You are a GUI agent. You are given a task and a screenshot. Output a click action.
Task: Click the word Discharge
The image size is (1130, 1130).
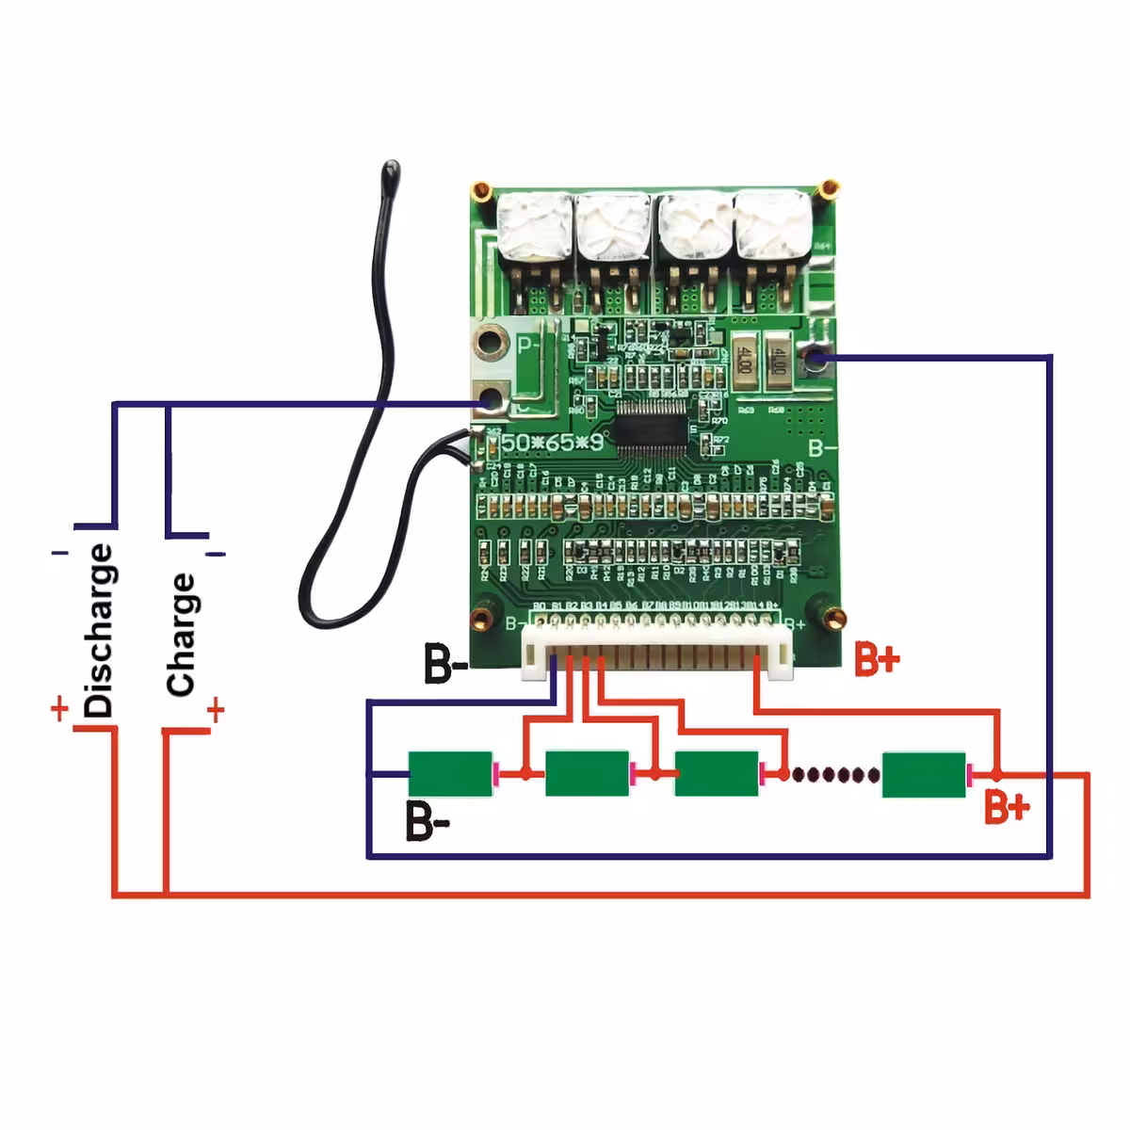coord(99,630)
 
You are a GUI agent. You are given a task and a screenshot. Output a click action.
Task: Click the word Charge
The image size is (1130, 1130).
coord(181,635)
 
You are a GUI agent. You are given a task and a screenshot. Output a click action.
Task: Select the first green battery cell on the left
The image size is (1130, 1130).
coord(450,774)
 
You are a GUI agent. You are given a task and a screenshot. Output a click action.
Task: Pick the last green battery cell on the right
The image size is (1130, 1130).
coord(924,774)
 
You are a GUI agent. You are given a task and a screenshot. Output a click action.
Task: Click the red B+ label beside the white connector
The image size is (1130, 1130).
coord(877,659)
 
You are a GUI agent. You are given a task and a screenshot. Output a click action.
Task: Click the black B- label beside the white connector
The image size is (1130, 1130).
coord(445,664)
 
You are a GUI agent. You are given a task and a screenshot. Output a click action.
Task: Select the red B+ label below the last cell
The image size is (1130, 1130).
coord(1007,807)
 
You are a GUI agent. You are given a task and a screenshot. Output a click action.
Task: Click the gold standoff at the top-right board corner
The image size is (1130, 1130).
coord(829,190)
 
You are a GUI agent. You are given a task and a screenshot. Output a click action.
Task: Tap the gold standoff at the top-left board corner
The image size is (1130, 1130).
coord(481,192)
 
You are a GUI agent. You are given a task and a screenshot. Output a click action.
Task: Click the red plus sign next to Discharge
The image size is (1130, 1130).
coord(59,708)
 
